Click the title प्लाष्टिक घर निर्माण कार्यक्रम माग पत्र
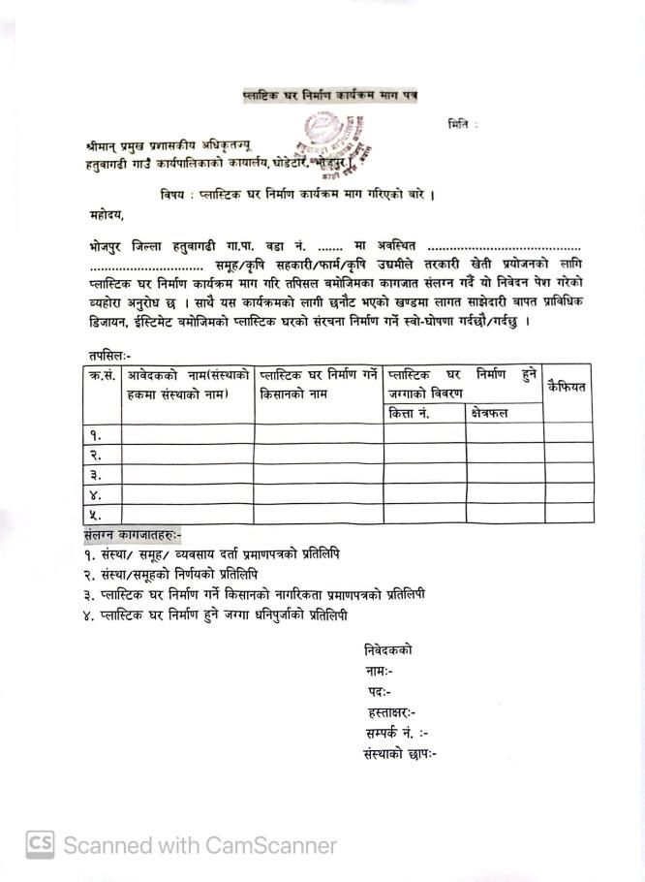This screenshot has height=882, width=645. click(330, 95)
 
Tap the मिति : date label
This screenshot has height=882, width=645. click(463, 124)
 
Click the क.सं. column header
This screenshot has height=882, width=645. click(101, 375)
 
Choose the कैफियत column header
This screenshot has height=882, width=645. click(568, 387)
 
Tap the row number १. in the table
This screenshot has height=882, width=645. click(97, 434)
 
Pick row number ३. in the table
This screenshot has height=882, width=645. click(97, 475)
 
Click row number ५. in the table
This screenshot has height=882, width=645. click(97, 515)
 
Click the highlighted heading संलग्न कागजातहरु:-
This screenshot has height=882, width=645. click(133, 534)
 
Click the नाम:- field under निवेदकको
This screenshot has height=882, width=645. click(379, 671)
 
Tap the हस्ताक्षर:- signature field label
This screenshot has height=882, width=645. click(391, 712)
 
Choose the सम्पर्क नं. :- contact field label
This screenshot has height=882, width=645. click(397, 734)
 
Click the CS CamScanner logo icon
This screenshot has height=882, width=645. click(40, 845)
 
